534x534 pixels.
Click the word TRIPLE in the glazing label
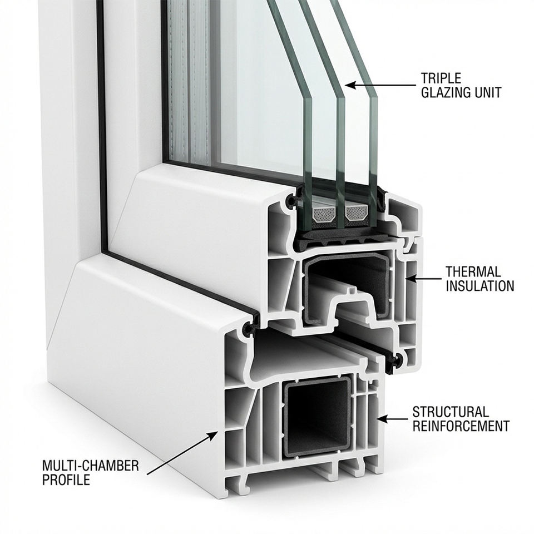441,78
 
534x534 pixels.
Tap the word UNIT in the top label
489,92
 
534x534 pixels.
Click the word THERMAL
473,272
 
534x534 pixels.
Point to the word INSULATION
480,286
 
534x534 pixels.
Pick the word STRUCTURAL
451,412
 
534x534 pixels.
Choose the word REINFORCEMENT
461,426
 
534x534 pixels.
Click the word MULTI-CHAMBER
91,465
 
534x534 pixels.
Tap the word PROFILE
66,479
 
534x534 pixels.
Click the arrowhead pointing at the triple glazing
350,85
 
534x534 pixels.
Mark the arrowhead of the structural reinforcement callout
383,419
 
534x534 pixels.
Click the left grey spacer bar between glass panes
324,215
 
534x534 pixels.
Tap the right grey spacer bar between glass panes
357,214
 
